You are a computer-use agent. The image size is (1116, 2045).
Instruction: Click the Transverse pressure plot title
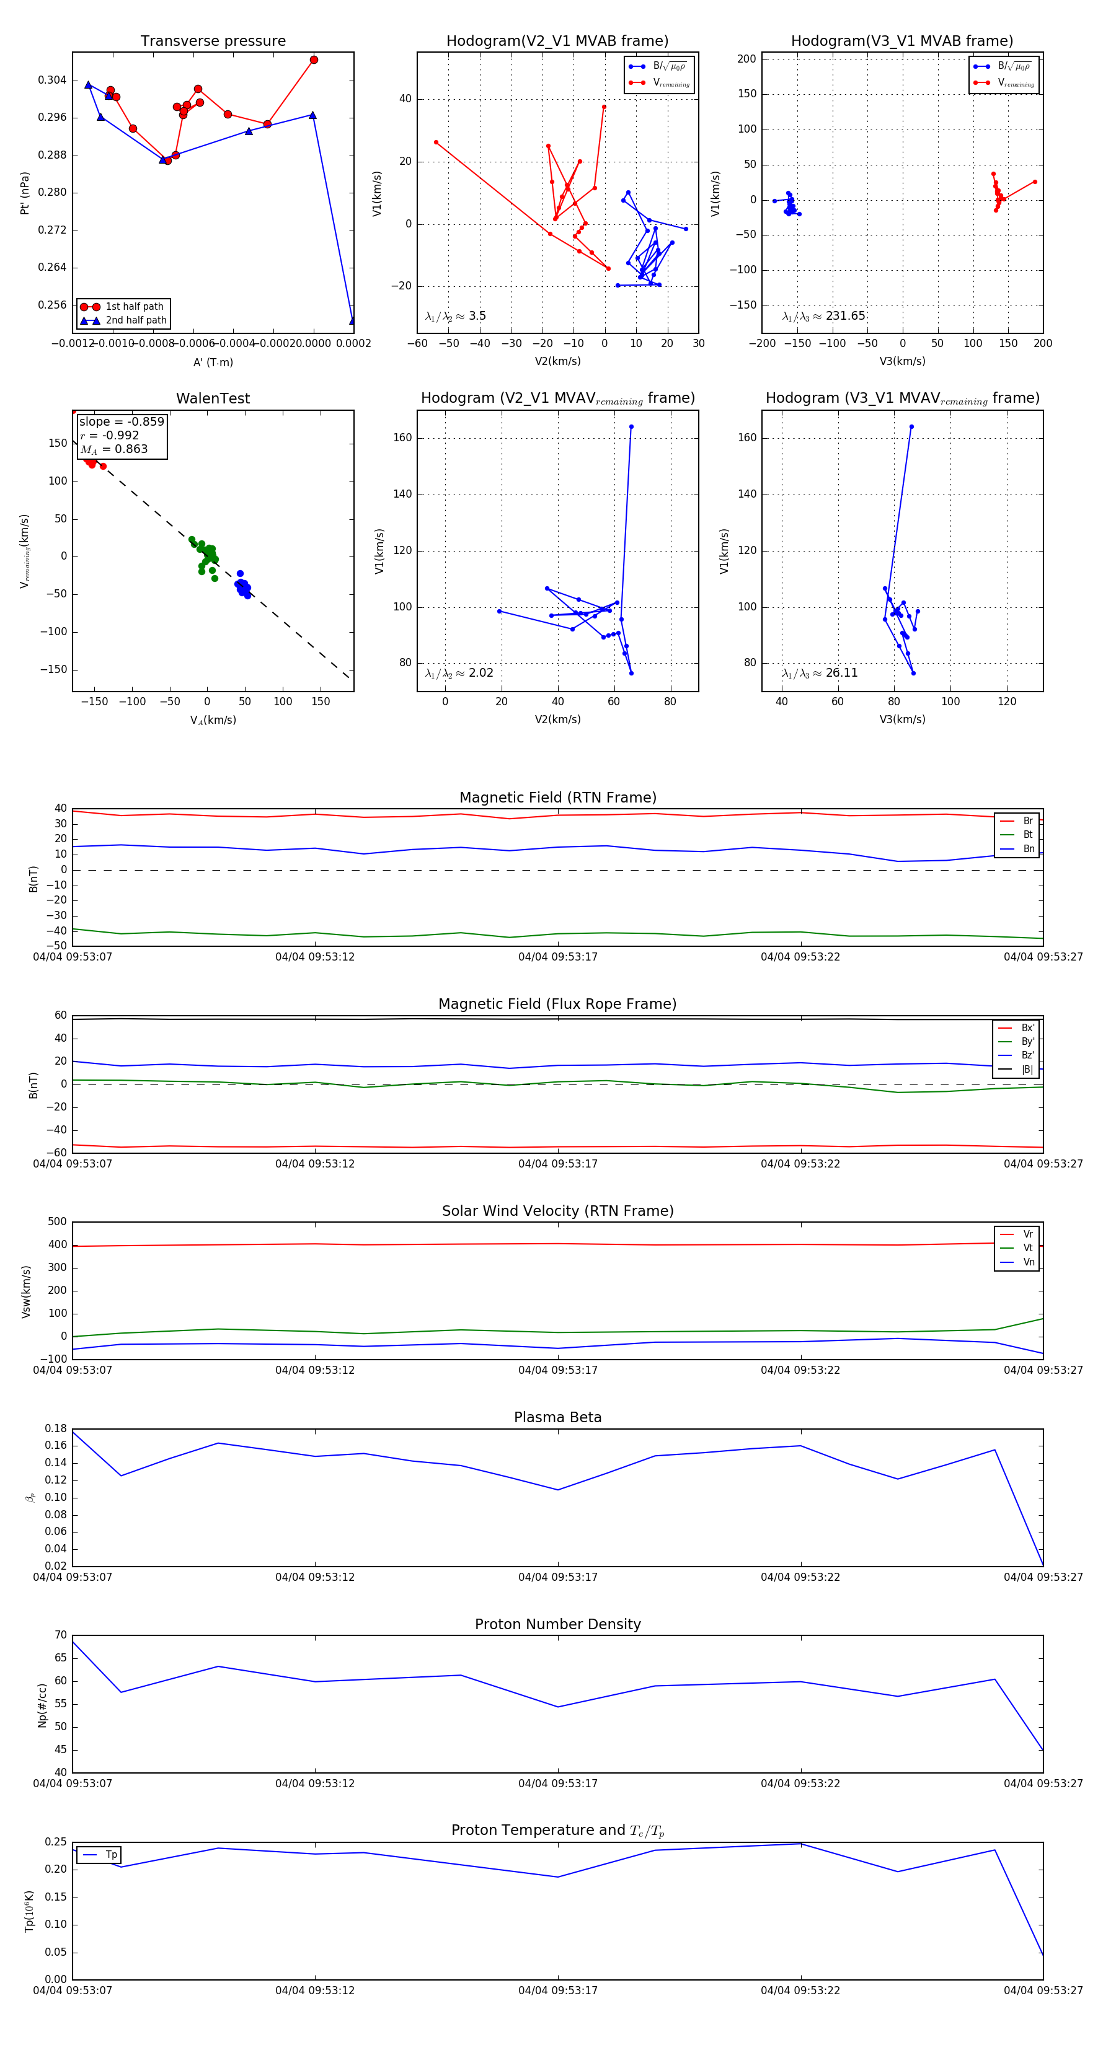213,42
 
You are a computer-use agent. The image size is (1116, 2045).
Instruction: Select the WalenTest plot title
213,398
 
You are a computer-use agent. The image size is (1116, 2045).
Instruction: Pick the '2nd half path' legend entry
136,321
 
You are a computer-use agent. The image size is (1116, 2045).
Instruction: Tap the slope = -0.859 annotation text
122,421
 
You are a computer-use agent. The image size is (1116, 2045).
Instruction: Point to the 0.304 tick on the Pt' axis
53,80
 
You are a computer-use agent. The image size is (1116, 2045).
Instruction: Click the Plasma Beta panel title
557,1417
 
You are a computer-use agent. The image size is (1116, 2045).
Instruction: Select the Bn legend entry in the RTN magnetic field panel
1028,848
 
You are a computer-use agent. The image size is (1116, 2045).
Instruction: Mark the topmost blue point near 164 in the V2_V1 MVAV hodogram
632,427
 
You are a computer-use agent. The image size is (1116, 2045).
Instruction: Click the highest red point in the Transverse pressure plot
314,59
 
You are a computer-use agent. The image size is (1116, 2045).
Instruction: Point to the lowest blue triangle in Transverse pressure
353,321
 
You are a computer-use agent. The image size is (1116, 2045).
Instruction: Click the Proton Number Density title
557,1624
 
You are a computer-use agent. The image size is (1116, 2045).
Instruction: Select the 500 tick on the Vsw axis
57,1222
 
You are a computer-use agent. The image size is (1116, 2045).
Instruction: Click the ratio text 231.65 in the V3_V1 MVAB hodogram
845,316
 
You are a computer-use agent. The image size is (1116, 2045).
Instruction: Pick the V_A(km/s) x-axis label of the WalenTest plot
213,720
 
